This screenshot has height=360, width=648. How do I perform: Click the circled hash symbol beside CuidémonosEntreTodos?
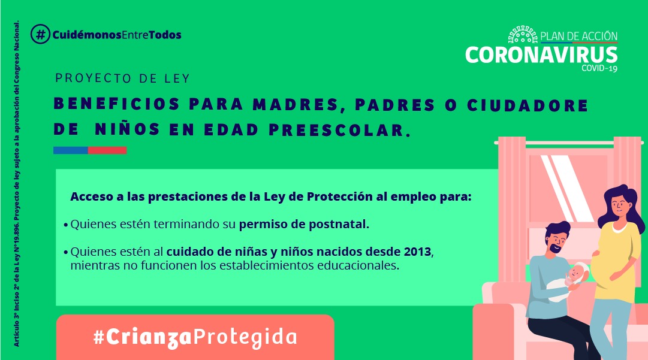point(41,34)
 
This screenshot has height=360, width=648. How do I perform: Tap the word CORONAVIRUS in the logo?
point(541,55)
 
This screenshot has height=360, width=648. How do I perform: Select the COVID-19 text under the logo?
point(599,68)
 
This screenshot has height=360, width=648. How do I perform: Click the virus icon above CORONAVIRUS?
point(523,35)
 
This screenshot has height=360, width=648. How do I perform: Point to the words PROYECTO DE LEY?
point(122,78)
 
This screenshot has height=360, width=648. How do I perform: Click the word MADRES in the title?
point(296,104)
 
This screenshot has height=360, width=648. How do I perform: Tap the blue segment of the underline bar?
point(71,150)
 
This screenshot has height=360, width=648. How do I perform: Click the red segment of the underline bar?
point(107,150)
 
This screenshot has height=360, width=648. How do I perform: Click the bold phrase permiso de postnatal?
point(304,225)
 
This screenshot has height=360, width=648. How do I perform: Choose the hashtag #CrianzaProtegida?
point(195,337)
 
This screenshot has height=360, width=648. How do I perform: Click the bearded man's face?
point(557,241)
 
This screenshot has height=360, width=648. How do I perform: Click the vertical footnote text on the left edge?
point(17,184)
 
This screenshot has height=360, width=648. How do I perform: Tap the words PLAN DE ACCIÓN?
point(579,37)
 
